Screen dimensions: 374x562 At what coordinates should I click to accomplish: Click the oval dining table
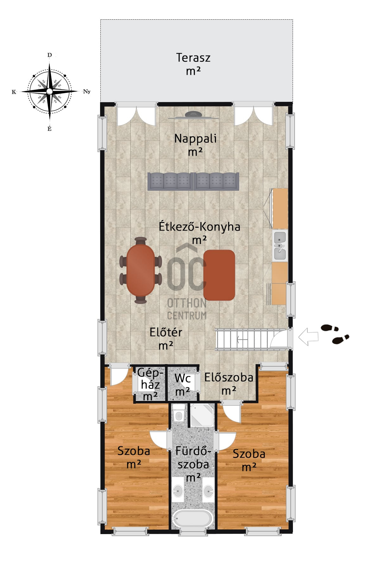(141, 270)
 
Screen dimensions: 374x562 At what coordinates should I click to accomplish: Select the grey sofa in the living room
(193, 181)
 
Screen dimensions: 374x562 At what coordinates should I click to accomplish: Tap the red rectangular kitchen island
(219, 275)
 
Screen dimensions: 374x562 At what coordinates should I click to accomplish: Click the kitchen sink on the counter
(280, 245)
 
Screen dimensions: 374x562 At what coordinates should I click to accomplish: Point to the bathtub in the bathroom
(192, 519)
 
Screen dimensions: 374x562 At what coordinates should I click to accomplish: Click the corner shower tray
(202, 415)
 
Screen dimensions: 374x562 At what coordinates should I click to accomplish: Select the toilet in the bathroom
(179, 413)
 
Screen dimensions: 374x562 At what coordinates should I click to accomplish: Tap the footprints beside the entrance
(335, 334)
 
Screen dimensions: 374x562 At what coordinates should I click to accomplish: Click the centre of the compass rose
(49, 91)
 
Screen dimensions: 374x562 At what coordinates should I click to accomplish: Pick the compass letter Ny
(87, 92)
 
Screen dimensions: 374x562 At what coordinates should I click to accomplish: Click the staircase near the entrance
(243, 339)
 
